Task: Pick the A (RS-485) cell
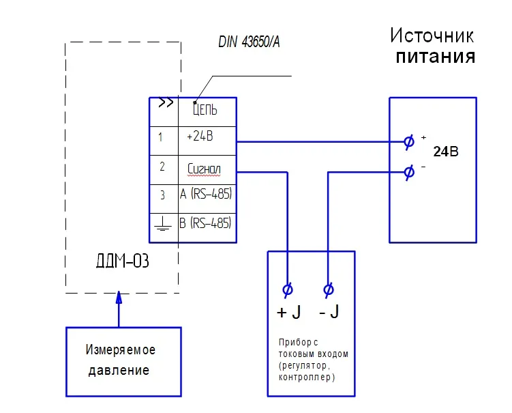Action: click(206, 195)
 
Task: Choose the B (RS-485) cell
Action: click(206, 223)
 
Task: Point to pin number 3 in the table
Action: click(162, 195)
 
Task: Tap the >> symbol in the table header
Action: click(165, 104)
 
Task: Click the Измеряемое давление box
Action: click(123, 360)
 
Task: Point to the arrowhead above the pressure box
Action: click(119, 298)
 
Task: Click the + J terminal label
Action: click(288, 313)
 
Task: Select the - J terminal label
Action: click(329, 313)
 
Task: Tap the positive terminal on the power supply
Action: click(408, 142)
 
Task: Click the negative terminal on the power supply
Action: click(408, 171)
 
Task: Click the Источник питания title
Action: click(432, 45)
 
